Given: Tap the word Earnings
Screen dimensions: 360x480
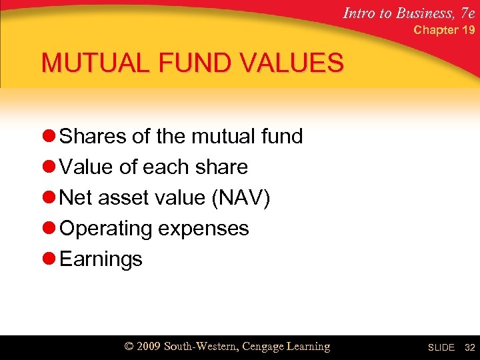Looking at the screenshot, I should tap(101, 259).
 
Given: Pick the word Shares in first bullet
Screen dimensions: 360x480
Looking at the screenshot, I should tap(93, 137).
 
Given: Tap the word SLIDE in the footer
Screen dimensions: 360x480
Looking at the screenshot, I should tap(441, 347).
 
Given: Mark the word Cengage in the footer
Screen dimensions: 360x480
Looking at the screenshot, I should tap(265, 347).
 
